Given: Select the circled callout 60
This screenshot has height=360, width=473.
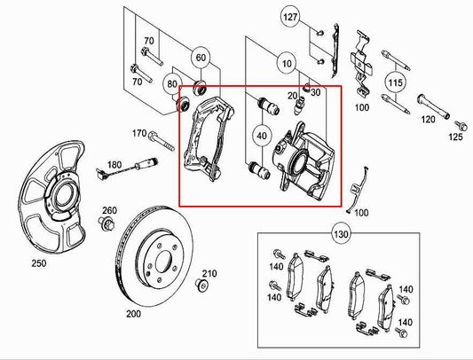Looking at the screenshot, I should click(201, 59).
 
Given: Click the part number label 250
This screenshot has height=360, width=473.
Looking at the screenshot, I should click(38, 264).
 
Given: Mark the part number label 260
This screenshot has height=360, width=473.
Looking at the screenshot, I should click(108, 209).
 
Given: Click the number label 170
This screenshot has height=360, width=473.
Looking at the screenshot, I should click(139, 134).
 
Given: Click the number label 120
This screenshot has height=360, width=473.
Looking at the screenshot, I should click(429, 118).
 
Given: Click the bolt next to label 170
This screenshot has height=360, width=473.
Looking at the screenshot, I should click(163, 138).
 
